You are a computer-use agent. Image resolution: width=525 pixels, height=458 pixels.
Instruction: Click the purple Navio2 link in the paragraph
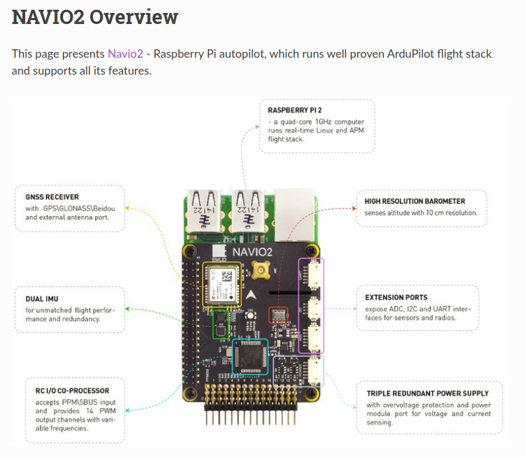tap(125, 54)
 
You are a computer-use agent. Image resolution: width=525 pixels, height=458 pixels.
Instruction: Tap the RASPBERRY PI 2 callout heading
tap(294, 111)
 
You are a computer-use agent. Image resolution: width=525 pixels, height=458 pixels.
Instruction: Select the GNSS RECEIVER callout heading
tap(52, 197)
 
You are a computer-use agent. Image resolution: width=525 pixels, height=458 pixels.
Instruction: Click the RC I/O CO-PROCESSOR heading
tap(72, 391)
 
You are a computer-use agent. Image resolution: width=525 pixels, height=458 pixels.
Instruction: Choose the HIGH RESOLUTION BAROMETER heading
tap(415, 201)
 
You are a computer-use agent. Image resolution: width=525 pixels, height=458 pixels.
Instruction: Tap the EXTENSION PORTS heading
tap(396, 297)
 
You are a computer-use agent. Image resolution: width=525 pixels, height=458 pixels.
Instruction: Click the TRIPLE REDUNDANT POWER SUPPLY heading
tap(427, 393)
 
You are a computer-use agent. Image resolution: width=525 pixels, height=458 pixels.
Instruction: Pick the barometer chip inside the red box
tap(279, 315)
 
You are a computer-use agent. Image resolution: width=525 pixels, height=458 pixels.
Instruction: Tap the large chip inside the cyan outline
tap(248, 356)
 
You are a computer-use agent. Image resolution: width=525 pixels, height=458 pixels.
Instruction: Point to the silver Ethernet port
tap(295, 206)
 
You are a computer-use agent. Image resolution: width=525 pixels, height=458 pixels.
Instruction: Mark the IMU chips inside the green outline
tap(221, 322)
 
